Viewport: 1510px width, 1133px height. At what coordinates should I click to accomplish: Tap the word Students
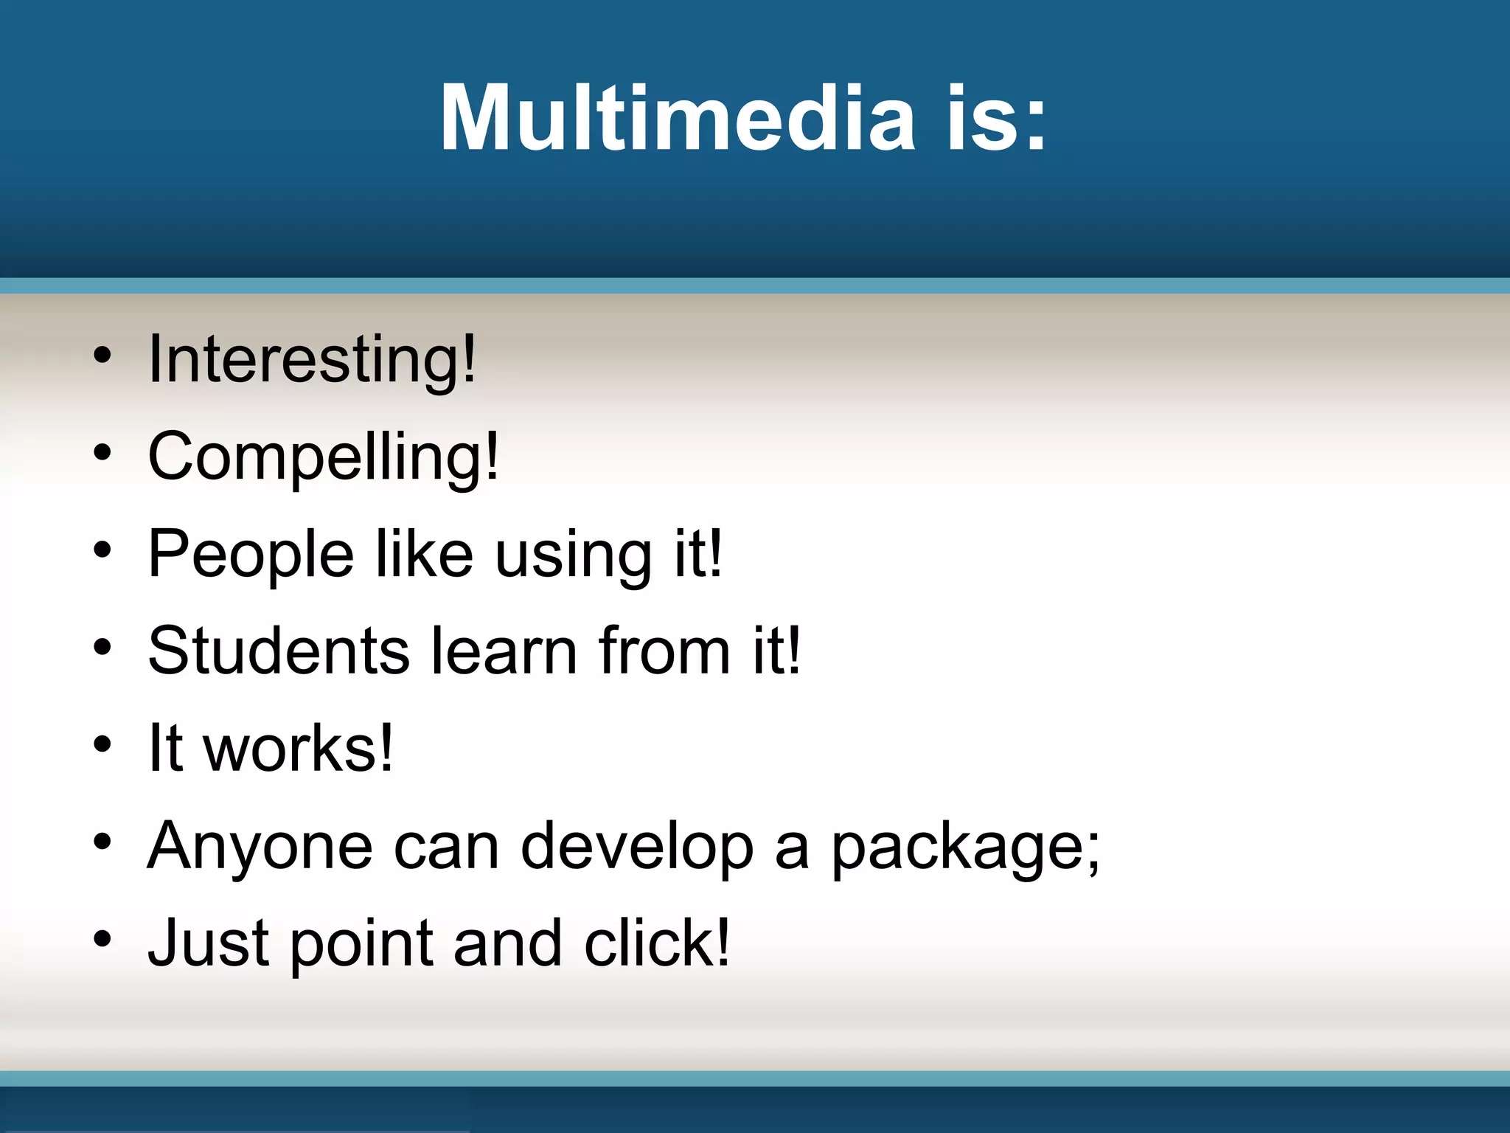pyautogui.click(x=279, y=651)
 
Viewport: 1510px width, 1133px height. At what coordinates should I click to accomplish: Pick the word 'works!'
pyautogui.click(x=299, y=748)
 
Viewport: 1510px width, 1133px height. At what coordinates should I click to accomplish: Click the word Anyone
pyautogui.click(x=260, y=847)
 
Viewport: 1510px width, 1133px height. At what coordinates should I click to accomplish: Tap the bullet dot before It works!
pyautogui.click(x=102, y=744)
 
